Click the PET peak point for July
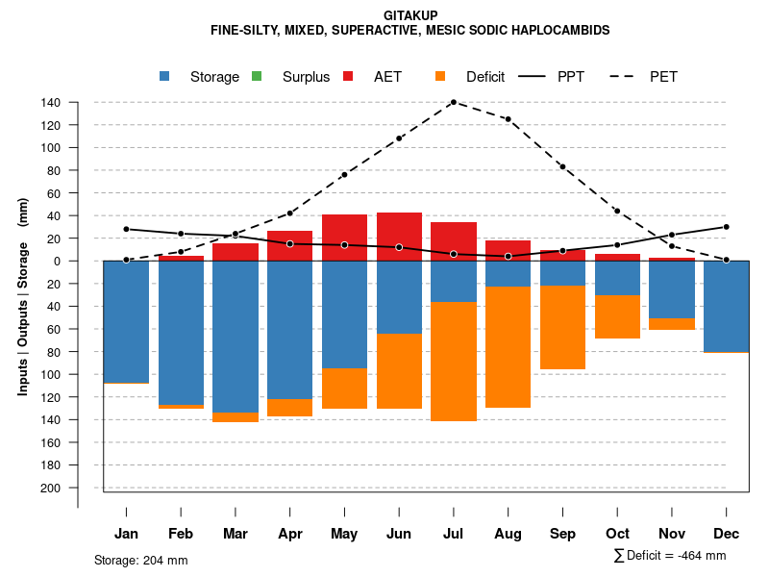point(453,102)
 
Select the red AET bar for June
point(399,237)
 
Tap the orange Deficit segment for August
point(508,347)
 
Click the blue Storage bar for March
point(235,337)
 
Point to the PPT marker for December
point(726,227)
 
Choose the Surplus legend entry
point(293,77)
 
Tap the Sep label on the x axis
point(562,534)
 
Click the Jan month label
point(126,534)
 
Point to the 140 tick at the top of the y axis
point(51,103)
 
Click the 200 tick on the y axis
point(51,488)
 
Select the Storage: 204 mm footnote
point(141,560)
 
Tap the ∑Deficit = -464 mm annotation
point(670,556)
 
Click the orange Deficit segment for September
point(562,327)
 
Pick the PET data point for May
point(344,175)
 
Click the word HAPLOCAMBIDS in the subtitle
point(563,31)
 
